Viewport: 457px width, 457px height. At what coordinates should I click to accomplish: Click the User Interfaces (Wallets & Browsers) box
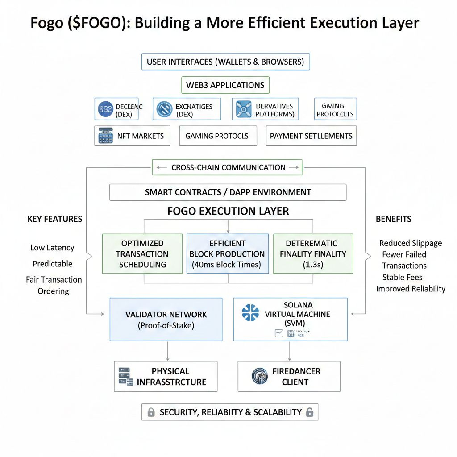(x=225, y=62)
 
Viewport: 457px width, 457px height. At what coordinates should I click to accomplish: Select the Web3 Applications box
(x=225, y=85)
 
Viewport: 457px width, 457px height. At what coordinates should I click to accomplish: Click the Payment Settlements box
(x=311, y=136)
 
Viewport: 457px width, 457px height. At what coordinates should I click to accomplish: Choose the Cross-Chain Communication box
(x=228, y=167)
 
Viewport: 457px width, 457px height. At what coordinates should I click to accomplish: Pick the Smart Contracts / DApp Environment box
(x=228, y=192)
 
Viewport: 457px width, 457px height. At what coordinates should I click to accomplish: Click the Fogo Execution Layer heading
(x=228, y=211)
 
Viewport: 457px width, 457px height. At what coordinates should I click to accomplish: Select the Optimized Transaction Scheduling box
(x=142, y=253)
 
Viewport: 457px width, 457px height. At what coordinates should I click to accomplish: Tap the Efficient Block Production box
(x=227, y=253)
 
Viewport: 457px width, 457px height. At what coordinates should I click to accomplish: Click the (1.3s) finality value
(x=313, y=265)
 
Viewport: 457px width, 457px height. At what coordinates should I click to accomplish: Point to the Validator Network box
(x=166, y=320)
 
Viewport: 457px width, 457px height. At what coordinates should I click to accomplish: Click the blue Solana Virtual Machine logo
(x=250, y=312)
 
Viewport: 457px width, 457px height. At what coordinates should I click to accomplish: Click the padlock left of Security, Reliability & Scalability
(x=151, y=412)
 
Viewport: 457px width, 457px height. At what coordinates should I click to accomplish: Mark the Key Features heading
(x=55, y=219)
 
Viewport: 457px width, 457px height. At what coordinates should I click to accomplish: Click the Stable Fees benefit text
(x=402, y=277)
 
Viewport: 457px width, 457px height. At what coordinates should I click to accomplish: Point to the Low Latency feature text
(x=52, y=248)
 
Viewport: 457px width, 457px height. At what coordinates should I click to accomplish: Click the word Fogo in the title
(x=47, y=23)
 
